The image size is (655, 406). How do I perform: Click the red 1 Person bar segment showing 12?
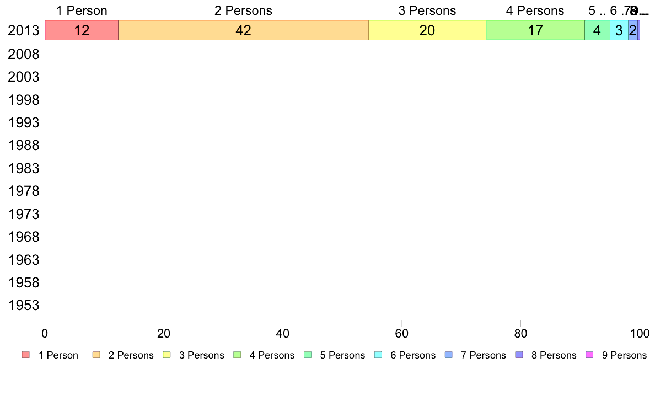pos(82,30)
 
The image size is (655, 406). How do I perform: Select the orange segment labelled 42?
pos(243,30)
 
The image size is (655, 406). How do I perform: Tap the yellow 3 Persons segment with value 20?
pos(427,30)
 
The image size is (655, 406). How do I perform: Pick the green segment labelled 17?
pos(535,30)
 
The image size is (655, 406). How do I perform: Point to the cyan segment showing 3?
pos(619,30)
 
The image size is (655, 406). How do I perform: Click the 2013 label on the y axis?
pos(24,31)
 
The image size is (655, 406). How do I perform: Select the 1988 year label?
pos(24,146)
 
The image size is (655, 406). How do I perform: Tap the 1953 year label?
pos(24,306)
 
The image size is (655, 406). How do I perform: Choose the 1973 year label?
pos(24,214)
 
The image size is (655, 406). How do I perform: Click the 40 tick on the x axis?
pos(283,333)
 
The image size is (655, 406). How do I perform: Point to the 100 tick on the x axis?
pos(640,333)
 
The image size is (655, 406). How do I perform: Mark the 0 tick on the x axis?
pos(45,333)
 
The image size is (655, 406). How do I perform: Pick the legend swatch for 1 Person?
pos(26,355)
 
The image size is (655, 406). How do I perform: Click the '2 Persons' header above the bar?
pos(243,10)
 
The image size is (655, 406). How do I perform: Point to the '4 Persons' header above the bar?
pos(535,10)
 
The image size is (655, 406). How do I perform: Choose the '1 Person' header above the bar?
pos(82,10)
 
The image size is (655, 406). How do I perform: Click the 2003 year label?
pos(24,77)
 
